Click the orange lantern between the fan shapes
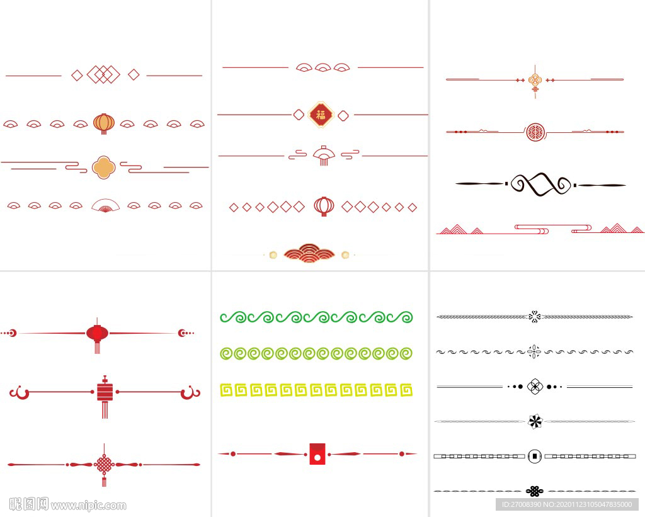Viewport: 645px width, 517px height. [x=104, y=123]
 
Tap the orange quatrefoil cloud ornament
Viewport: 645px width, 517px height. [x=103, y=167]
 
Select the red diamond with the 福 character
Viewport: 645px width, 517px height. [x=321, y=115]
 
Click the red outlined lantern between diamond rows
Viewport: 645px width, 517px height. [x=324, y=206]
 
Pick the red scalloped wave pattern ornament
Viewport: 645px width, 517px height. [x=309, y=253]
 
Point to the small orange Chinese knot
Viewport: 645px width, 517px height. [x=535, y=81]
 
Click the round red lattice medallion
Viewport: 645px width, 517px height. [x=535, y=132]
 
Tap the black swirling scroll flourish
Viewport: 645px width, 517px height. [x=540, y=185]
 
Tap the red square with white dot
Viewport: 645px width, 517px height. [x=317, y=454]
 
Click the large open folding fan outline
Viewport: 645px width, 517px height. [x=105, y=205]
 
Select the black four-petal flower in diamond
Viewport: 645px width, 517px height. [x=535, y=386]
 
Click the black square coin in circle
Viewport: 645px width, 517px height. [x=535, y=455]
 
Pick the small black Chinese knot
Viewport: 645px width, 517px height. [x=535, y=491]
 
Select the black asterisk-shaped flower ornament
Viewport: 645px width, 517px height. [x=535, y=421]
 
